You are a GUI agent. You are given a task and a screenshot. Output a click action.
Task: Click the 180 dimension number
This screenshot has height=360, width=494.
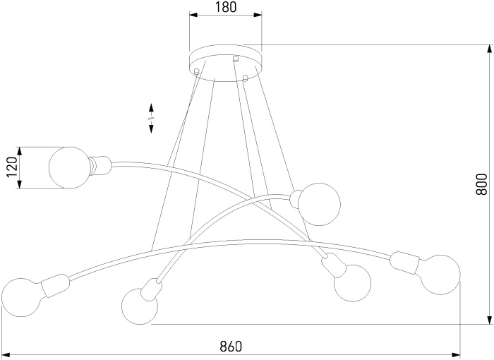tap(226, 7)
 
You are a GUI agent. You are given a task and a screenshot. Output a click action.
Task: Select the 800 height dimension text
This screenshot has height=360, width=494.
tap(482, 184)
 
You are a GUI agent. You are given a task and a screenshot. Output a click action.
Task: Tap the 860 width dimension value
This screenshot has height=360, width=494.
tap(231, 347)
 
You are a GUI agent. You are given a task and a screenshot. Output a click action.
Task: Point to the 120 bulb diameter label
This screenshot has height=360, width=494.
tap(12, 167)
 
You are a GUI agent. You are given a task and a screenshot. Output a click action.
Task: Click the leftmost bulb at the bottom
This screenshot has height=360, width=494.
tap(21, 297)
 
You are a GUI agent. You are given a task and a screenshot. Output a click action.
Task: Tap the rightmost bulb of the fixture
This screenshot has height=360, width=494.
tap(440, 275)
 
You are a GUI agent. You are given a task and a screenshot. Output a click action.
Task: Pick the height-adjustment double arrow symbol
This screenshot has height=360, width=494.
tap(151, 118)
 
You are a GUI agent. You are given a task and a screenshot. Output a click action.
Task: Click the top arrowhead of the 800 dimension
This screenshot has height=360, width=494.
tap(488, 49)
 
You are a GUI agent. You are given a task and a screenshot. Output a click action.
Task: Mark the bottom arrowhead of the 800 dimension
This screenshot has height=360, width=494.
tap(488, 319)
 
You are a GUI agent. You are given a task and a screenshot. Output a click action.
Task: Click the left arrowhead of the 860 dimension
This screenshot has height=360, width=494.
tap(6, 354)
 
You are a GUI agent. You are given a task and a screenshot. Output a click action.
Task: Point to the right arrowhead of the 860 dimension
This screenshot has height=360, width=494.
tap(456, 354)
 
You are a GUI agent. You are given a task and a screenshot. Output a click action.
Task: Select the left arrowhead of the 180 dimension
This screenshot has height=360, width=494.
tap(193, 15)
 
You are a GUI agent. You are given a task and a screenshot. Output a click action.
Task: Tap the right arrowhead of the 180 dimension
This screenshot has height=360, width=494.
tap(257, 15)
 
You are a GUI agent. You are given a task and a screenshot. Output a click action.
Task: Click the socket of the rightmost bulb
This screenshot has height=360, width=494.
tap(405, 263)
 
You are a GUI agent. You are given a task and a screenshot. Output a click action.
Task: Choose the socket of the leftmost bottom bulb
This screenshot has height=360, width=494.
tap(55, 286)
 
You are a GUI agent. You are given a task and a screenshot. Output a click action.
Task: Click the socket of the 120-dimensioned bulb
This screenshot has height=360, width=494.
tap(100, 166)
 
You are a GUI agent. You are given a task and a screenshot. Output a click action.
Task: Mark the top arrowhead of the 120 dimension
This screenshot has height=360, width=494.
tap(20, 152)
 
